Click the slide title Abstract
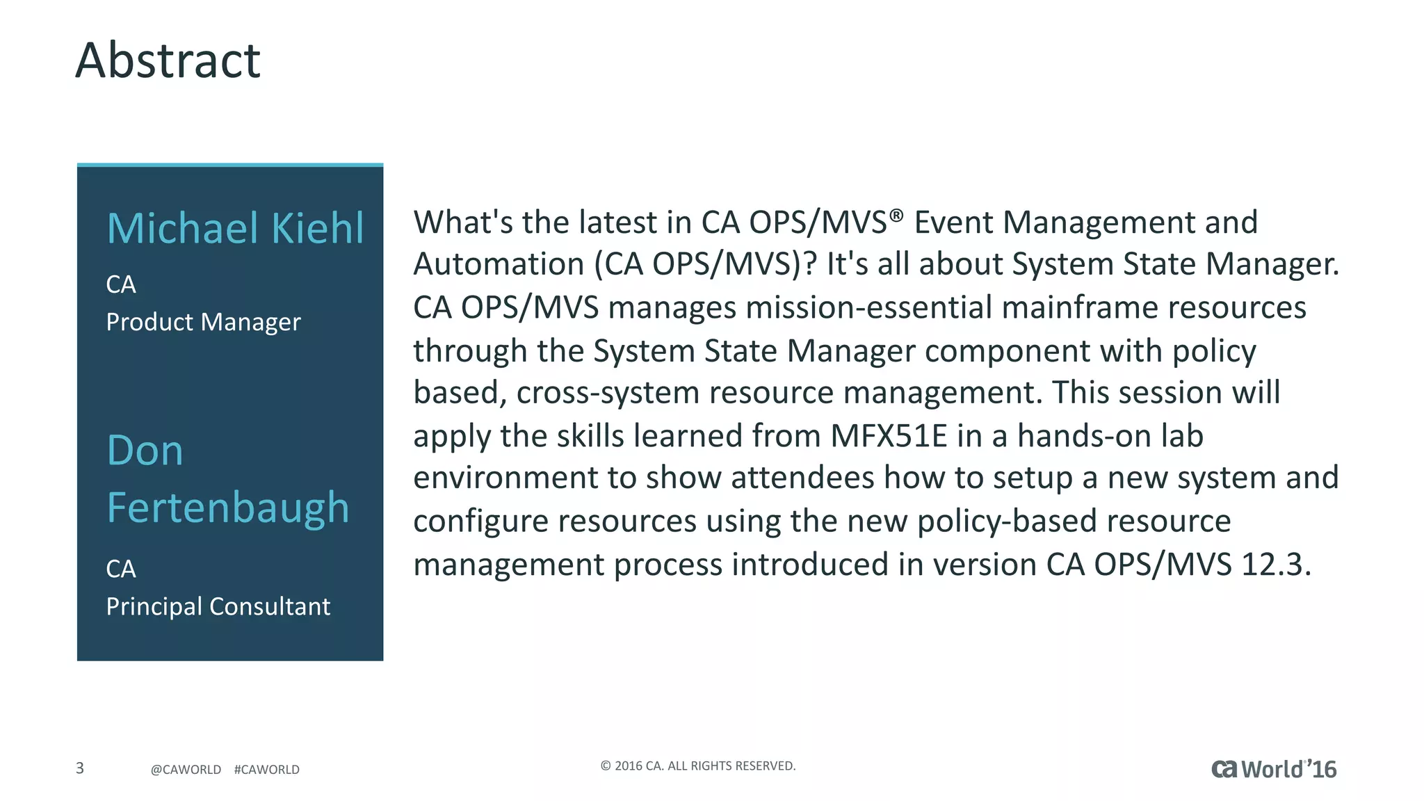pyautogui.click(x=168, y=60)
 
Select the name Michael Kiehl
pyautogui.click(x=235, y=228)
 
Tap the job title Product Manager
pyautogui.click(x=203, y=323)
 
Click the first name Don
pyautogui.click(x=145, y=451)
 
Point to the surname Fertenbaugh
pyautogui.click(x=227, y=508)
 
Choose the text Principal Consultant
pyautogui.click(x=218, y=607)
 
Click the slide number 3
pyautogui.click(x=80, y=768)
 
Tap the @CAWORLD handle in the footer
pyautogui.click(x=186, y=770)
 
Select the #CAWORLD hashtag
pyautogui.click(x=267, y=770)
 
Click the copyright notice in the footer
pyautogui.click(x=697, y=766)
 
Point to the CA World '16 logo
pyautogui.click(x=1273, y=769)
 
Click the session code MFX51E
pyautogui.click(x=889, y=437)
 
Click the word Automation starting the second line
pyautogui.click(x=499, y=265)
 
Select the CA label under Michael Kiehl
pyautogui.click(x=121, y=284)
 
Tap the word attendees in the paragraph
pyautogui.click(x=802, y=478)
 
